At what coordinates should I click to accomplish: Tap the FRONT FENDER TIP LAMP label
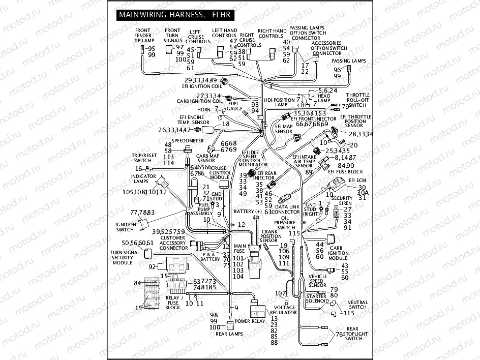pos(144,36)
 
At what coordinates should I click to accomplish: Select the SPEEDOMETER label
pos(188,140)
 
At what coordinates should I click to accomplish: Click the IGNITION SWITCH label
pos(126,227)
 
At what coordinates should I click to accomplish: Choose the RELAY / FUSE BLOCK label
pos(173,304)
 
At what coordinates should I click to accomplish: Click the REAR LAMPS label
pos(229,334)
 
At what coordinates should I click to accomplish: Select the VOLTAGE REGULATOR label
pos(285,310)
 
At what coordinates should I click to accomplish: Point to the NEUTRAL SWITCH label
pos(357,305)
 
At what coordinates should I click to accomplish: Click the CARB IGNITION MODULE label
pos(338,253)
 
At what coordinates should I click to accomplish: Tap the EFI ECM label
pos(357,180)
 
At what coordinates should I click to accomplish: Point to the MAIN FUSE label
pos(239,249)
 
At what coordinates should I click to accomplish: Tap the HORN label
pos(204,109)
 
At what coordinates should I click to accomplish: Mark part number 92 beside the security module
pos(152,266)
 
